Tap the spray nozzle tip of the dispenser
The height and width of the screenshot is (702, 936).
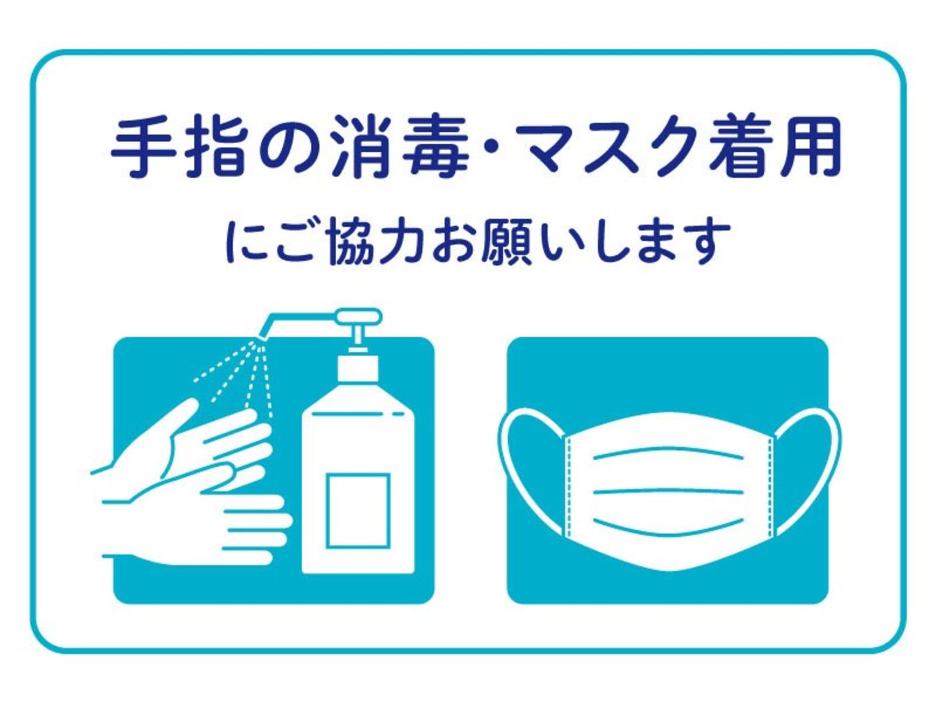click(261, 337)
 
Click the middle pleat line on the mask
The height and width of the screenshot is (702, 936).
click(669, 492)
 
